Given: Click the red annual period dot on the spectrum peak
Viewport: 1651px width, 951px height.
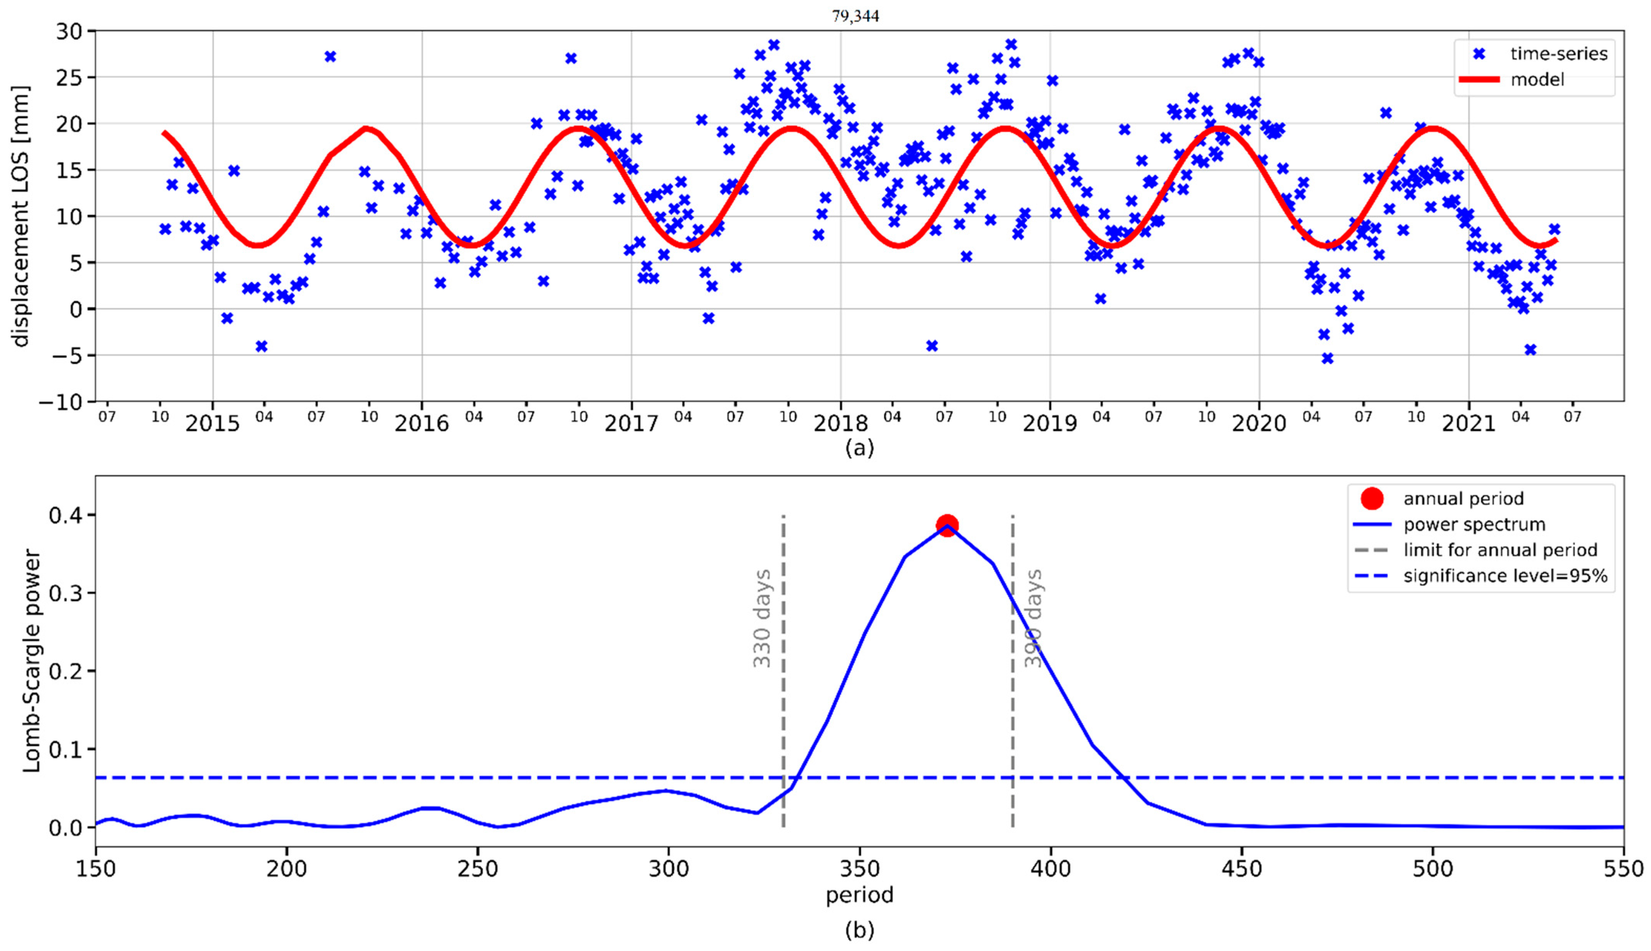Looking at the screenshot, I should [x=947, y=524].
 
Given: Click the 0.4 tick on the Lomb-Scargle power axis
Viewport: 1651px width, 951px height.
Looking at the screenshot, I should [x=64, y=515].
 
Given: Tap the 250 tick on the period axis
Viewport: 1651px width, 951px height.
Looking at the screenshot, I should [x=477, y=869].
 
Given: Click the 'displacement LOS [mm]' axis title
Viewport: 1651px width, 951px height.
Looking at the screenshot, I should [x=21, y=216].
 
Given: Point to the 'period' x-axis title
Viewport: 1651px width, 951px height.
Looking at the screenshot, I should [x=859, y=895].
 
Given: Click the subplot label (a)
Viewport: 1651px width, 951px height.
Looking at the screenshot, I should [x=859, y=448].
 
